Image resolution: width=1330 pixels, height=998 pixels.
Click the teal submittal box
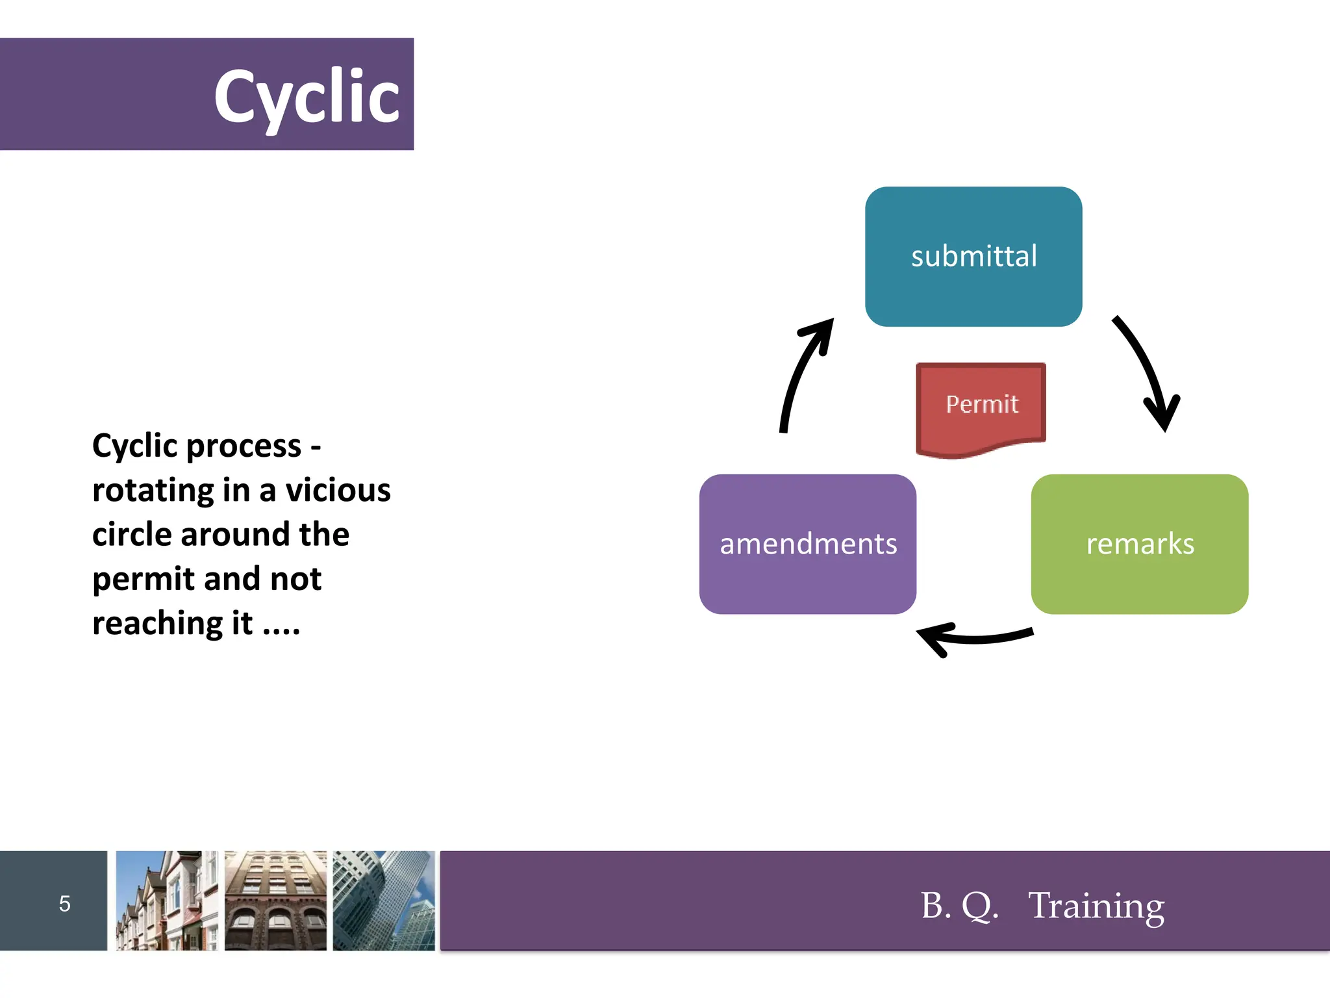point(973,257)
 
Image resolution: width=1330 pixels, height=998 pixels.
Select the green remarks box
point(1139,544)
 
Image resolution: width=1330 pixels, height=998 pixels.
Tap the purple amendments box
point(807,544)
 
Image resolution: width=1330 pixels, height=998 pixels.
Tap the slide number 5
point(64,903)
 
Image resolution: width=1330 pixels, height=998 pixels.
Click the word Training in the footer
point(1096,905)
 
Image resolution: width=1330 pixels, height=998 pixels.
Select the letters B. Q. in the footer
point(959,905)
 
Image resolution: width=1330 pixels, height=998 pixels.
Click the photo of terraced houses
point(166,901)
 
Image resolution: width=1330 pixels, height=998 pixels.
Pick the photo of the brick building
point(275,901)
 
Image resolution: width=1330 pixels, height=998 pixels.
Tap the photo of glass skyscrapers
point(384,901)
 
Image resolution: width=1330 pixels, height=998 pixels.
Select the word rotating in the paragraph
point(153,491)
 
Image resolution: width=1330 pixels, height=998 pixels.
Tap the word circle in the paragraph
point(131,534)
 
